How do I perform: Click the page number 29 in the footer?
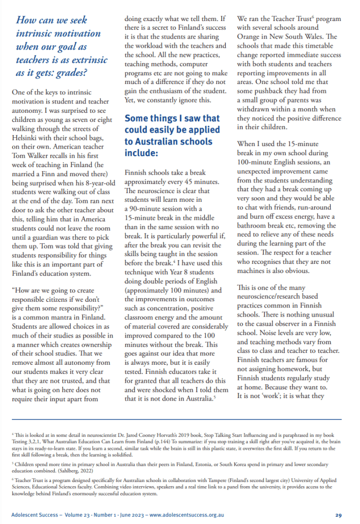pyautogui.click(x=339, y=515)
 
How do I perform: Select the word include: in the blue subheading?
pyautogui.click(x=141, y=153)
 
